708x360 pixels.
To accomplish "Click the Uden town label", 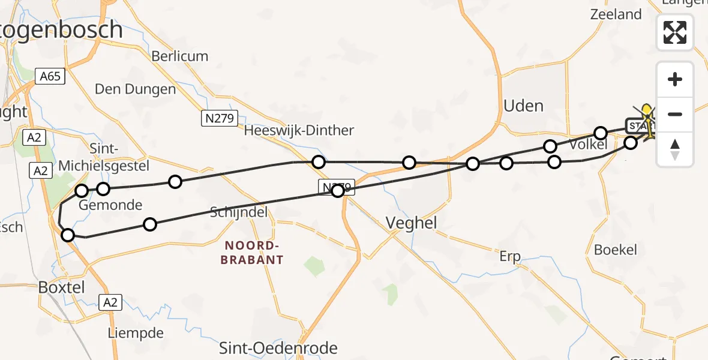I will pyautogui.click(x=524, y=106).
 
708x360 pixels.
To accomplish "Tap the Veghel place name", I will pyautogui.click(x=411, y=223).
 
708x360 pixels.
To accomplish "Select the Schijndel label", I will pyautogui.click(x=239, y=212).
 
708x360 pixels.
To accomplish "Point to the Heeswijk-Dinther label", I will pyautogui.click(x=299, y=130).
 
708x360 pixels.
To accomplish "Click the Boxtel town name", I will pyautogui.click(x=61, y=287).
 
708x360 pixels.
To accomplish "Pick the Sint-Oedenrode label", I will pyautogui.click(x=278, y=347).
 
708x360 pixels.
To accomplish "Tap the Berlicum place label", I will pyautogui.click(x=179, y=56).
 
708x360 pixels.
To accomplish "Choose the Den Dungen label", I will pyautogui.click(x=135, y=89).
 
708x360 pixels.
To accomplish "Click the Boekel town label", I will pyautogui.click(x=615, y=250).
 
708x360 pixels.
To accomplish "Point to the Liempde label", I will pyautogui.click(x=136, y=332).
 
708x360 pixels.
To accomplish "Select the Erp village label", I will pyautogui.click(x=509, y=257).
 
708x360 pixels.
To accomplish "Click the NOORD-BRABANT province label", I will pyautogui.click(x=251, y=253).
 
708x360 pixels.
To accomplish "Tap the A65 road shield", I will pyautogui.click(x=49, y=76).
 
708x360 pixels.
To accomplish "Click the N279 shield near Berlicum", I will pyautogui.click(x=220, y=118).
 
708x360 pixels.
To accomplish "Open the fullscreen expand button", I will pyautogui.click(x=675, y=32).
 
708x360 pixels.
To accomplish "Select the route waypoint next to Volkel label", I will pyautogui.click(x=601, y=133).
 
